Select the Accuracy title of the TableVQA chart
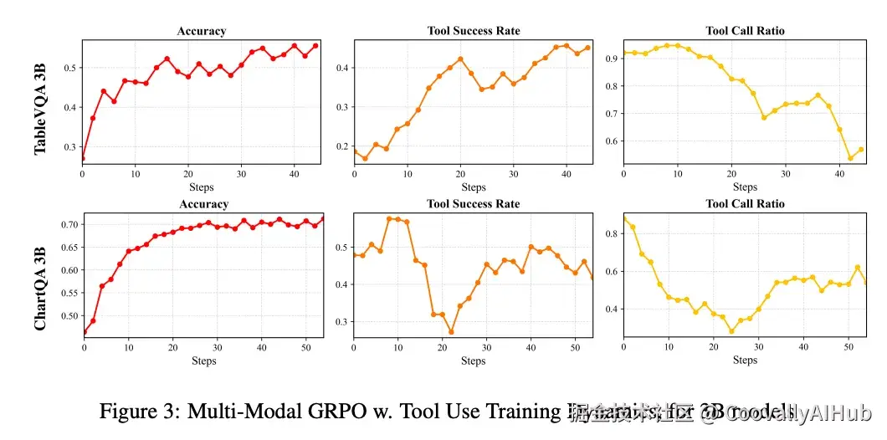tap(201, 31)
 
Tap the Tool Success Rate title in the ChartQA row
tap(473, 204)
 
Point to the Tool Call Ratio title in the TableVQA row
tap(745, 31)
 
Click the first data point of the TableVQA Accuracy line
tap(82, 157)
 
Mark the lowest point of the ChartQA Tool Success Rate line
tap(451, 332)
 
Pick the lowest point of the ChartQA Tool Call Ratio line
tap(731, 331)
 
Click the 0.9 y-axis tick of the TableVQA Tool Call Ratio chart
tap(612, 58)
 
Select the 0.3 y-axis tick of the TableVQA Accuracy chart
tap(70, 147)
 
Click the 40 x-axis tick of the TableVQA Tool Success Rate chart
tap(566, 173)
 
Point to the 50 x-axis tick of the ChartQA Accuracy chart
tap(305, 346)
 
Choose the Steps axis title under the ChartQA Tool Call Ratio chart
tap(745, 361)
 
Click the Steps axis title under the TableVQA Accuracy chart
tap(201, 187)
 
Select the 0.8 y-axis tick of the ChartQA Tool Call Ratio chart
tap(612, 234)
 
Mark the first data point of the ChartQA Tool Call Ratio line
tap(624, 219)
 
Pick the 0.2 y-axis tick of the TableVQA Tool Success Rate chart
tap(342, 147)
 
